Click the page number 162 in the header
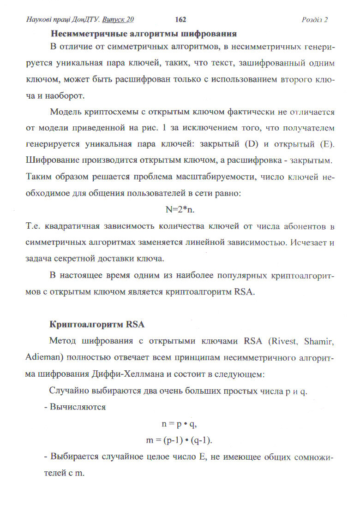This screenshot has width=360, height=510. coord(180,19)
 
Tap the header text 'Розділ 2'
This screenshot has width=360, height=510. coord(314,20)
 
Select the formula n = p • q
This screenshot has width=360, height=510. coord(180,425)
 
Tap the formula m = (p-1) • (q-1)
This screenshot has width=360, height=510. coord(180,440)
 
